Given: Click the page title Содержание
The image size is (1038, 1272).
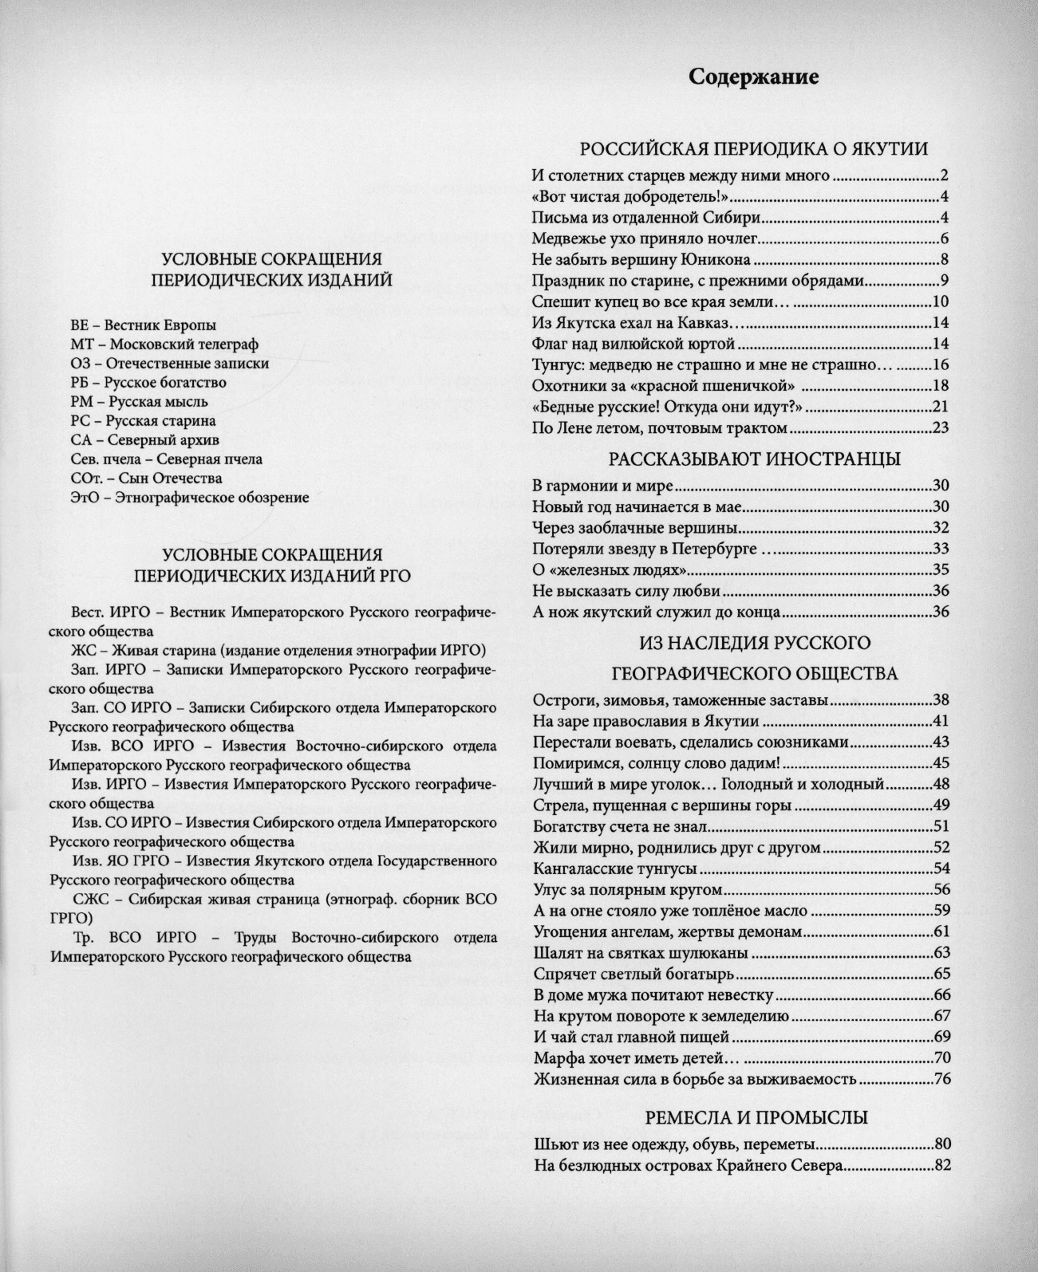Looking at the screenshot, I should [x=753, y=77].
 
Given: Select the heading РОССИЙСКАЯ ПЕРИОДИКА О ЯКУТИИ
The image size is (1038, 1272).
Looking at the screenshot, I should [x=753, y=149].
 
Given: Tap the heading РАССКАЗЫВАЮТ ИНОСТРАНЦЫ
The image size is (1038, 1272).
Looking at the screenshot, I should [x=755, y=459].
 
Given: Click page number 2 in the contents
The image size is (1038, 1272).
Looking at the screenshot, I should [x=943, y=176].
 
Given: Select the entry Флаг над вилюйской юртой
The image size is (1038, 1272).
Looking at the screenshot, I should [x=633, y=345].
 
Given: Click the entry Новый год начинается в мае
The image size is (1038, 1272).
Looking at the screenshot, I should [x=637, y=506].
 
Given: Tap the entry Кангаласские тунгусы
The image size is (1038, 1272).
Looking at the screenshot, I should [x=615, y=868].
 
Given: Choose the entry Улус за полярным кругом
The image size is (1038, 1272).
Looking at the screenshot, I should [x=627, y=889].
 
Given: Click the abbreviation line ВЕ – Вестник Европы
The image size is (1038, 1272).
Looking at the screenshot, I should [x=143, y=325].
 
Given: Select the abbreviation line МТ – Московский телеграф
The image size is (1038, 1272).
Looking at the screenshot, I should [x=164, y=345].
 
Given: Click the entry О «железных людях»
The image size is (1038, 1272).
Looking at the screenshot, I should [x=610, y=570].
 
